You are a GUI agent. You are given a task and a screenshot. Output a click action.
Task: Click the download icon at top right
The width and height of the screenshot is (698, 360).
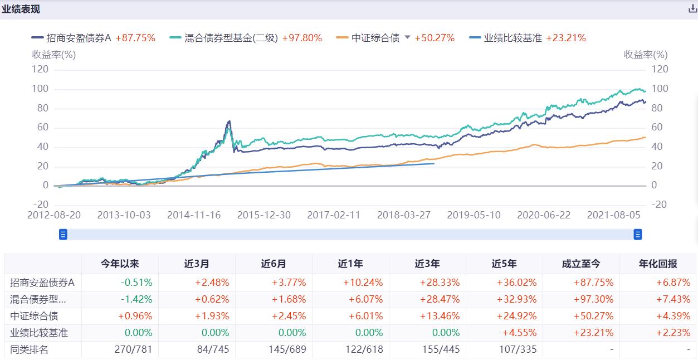[692, 9]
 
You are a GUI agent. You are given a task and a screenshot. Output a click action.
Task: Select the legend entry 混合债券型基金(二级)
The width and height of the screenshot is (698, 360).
[231, 38]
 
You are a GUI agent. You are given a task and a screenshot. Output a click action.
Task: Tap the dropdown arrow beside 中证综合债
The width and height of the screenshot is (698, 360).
[407, 37]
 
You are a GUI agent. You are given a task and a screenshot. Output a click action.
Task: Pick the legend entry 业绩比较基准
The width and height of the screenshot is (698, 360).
[512, 38]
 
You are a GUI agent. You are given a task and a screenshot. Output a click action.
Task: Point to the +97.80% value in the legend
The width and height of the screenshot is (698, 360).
[302, 38]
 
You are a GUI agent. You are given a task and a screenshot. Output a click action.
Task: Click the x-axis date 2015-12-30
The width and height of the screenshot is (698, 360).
[264, 215]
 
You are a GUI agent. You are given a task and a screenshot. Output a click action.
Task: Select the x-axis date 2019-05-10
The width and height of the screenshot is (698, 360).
[474, 215]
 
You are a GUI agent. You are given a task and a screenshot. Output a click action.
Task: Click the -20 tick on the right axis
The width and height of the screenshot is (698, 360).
[659, 205]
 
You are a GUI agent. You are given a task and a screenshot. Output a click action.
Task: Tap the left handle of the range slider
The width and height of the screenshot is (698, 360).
[63, 235]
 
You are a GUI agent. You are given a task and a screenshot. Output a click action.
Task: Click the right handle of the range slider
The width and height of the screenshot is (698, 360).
[638, 235]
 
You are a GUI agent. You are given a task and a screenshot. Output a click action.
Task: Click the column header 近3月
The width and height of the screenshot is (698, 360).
[197, 264]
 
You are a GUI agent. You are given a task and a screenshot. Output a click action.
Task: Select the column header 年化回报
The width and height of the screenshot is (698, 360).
[658, 264]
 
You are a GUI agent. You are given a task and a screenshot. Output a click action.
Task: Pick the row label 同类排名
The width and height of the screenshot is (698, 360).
[30, 350]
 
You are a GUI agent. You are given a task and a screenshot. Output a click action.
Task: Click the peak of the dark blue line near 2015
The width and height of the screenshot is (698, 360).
[228, 121]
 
